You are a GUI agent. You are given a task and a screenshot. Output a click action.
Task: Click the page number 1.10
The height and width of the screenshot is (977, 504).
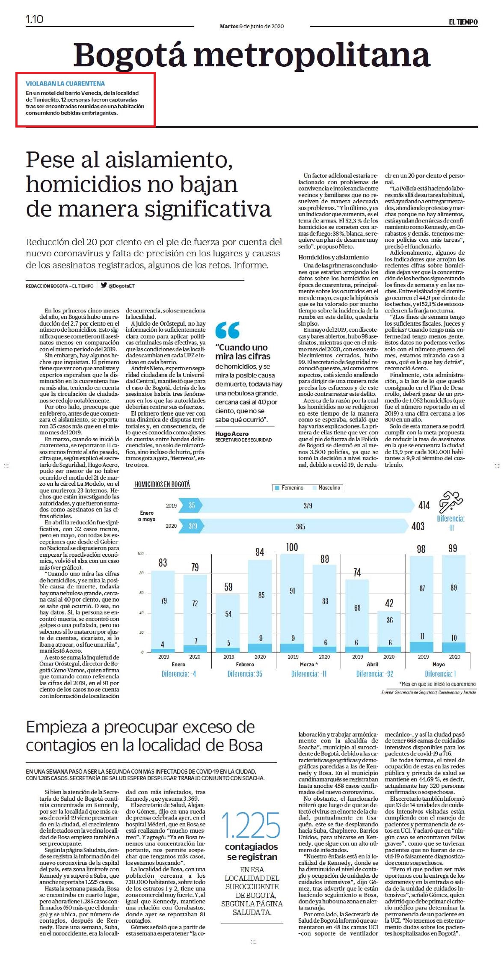[x=35, y=19]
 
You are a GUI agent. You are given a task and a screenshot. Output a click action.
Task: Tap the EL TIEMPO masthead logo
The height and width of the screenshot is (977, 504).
[x=463, y=22]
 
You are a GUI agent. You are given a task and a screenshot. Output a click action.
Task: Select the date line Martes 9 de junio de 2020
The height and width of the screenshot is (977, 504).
[x=252, y=27]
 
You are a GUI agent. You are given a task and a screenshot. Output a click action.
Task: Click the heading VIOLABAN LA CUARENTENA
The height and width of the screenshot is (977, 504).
[x=65, y=84]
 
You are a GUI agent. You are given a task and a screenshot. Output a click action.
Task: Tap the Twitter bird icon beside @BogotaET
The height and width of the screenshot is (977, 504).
[x=104, y=285]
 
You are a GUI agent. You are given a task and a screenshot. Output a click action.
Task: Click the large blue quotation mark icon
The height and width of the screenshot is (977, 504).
[x=227, y=330]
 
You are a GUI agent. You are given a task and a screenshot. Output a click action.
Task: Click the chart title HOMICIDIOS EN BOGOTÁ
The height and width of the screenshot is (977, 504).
[x=162, y=484]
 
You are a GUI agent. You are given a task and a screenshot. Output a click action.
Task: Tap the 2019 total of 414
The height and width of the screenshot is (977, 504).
[x=424, y=505]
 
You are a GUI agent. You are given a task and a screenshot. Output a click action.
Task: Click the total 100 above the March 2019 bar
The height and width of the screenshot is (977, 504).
[x=292, y=547]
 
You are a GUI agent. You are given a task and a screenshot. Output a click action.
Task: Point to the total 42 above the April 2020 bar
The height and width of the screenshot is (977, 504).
[x=389, y=603]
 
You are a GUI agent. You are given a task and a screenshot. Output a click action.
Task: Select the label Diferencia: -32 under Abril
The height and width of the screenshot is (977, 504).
[x=374, y=674]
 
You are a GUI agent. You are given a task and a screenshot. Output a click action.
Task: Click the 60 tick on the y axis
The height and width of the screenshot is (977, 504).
[x=141, y=593]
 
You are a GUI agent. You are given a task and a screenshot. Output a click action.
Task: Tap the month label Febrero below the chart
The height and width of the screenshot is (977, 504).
[x=245, y=665]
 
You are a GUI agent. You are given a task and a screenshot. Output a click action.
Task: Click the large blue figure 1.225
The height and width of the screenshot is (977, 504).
[x=251, y=825]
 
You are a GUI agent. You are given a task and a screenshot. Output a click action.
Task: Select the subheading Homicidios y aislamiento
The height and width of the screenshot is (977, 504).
[x=333, y=257]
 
